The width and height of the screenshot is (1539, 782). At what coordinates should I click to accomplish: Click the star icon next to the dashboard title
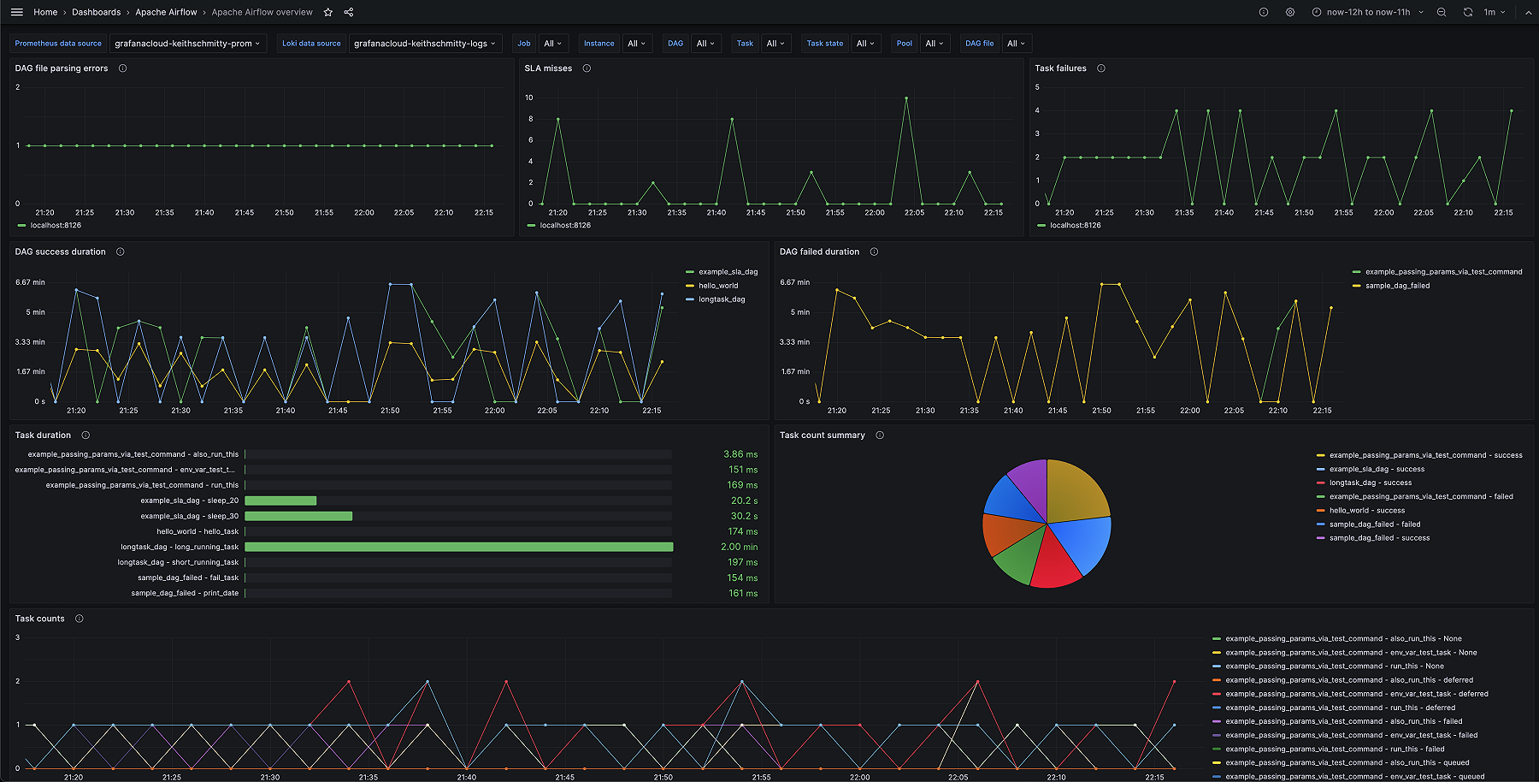327,12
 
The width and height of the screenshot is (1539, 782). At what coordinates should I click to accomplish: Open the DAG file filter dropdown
1016,44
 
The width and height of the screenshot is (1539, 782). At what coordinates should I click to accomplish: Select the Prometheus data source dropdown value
187,44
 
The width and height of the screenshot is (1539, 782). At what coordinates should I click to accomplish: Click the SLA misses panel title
548,68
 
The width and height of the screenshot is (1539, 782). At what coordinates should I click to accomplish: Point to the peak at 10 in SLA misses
906,98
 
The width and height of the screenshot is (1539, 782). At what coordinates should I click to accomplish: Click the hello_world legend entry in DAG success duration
717,286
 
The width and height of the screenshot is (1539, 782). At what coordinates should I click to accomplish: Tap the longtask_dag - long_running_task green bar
458,547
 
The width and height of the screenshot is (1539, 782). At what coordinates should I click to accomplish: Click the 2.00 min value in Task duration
739,547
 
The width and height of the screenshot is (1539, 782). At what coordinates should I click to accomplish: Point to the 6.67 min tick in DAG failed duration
794,282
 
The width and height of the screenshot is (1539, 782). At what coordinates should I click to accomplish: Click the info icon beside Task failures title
1100,68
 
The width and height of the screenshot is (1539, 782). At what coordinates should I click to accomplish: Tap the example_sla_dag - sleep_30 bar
298,516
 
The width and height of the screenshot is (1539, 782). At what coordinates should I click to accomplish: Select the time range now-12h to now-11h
1367,12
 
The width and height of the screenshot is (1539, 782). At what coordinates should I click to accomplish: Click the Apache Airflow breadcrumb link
166,12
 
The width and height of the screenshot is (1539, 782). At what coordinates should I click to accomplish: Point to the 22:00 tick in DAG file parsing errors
364,212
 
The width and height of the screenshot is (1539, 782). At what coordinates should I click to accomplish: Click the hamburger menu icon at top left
16,12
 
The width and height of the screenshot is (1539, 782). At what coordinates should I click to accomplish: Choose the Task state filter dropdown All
865,44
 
